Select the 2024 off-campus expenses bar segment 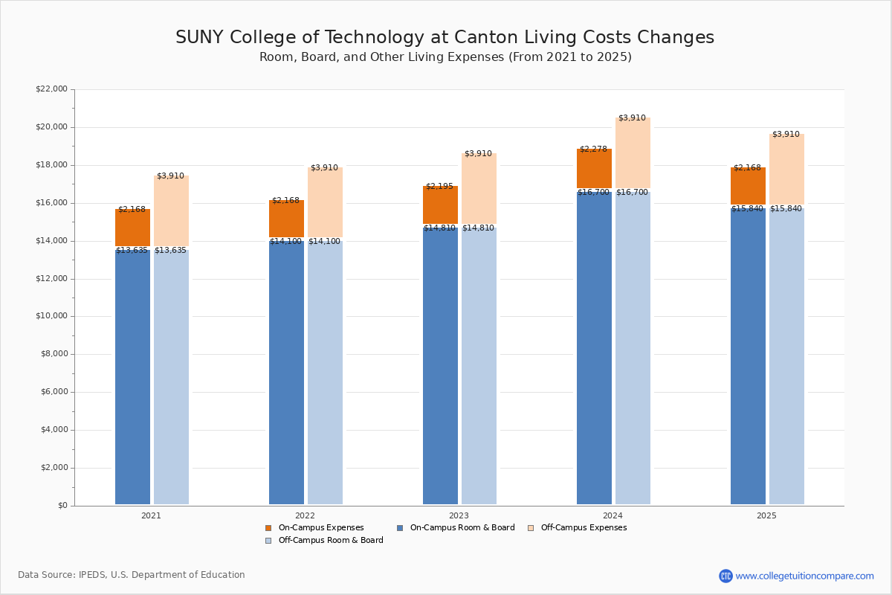pos(633,152)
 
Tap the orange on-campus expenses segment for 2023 pos(440,205)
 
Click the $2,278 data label pos(593,149)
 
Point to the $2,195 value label pos(439,186)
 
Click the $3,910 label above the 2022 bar pos(324,168)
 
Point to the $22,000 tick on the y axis pos(51,89)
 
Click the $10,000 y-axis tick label pos(51,316)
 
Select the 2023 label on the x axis pos(459,515)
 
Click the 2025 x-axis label pos(766,515)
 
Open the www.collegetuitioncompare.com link pos(804,576)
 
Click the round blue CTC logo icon pos(725,576)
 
